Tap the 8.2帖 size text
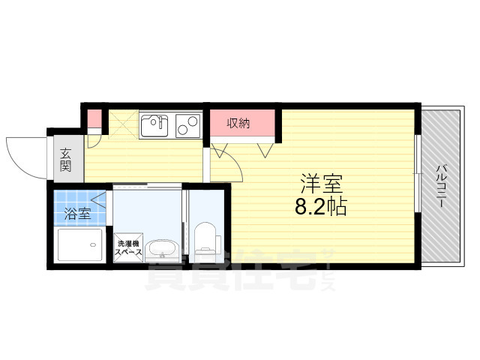[x=322, y=205]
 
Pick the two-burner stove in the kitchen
[x=188, y=126]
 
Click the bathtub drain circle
[x=89, y=242]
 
